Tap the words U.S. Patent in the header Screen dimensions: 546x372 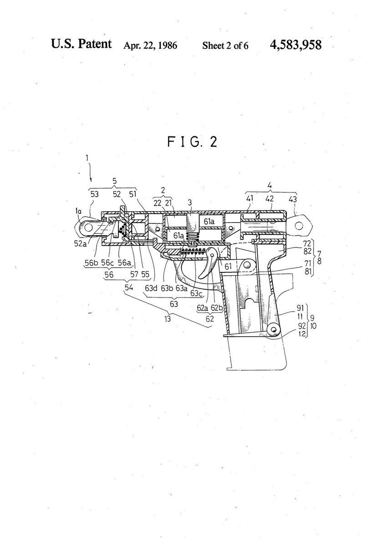(82, 45)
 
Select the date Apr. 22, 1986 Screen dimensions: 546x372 (150, 45)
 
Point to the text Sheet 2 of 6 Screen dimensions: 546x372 (225, 45)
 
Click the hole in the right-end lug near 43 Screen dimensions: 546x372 (299, 225)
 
